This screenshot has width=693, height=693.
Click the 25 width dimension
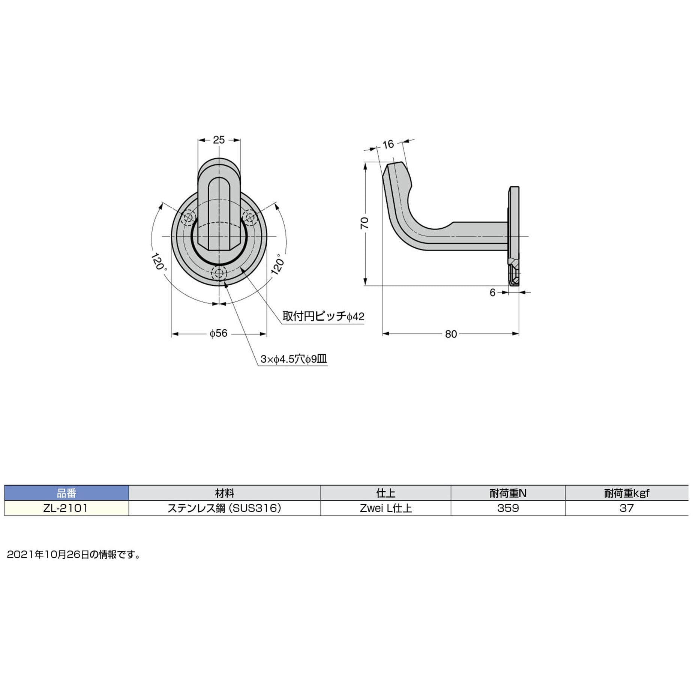[219, 140]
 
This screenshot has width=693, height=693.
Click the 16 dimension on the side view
[388, 144]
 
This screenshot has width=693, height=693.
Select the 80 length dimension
[451, 334]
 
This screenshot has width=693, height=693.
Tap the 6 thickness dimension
[492, 292]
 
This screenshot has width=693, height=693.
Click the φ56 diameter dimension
[219, 333]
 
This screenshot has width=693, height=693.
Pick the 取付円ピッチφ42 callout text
[323, 316]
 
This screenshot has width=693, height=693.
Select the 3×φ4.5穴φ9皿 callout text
[294, 359]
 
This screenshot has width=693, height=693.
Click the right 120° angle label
[278, 264]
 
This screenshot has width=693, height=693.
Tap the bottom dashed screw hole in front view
[219, 273]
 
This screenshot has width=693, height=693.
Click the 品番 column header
[66, 493]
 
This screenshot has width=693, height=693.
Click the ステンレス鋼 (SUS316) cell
[224, 508]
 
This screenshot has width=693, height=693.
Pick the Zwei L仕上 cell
[385, 508]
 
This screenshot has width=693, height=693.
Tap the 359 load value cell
[508, 508]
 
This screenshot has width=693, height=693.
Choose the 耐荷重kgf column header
[626, 493]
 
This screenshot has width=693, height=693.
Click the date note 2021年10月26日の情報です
[74, 555]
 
